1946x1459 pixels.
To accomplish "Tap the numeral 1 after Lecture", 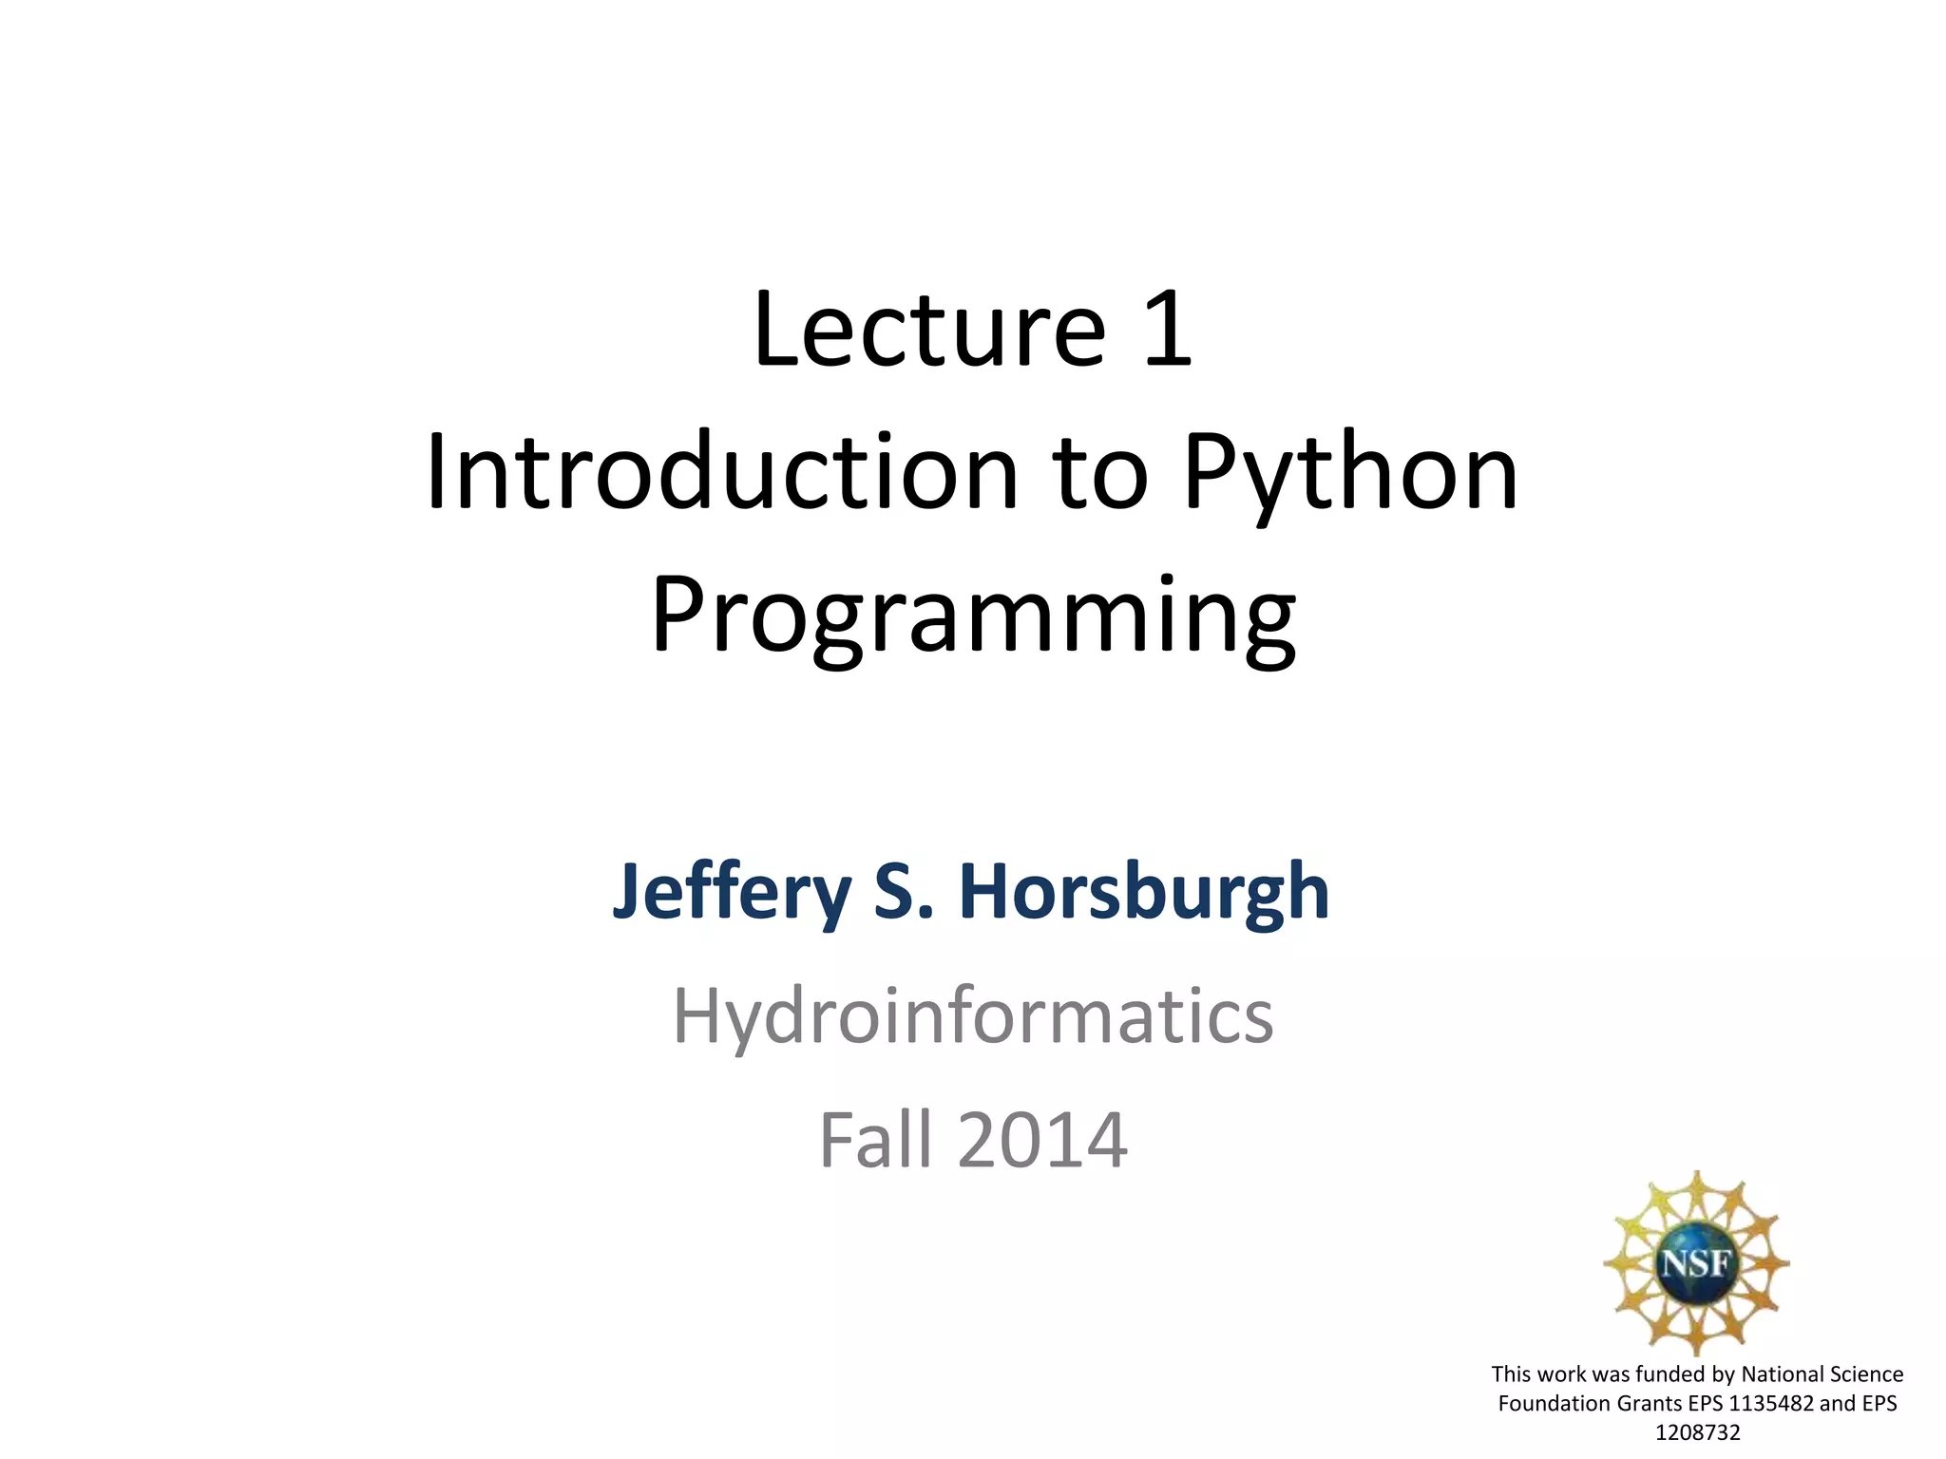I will point(1167,330).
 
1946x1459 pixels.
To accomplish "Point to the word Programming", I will point(973,617).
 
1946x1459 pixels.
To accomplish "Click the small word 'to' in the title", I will point(1100,472).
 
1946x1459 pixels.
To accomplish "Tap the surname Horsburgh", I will point(1144,893).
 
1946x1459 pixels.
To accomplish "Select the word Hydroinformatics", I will point(973,1016).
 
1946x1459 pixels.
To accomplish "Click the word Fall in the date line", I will point(875,1140).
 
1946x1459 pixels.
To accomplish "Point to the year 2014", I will point(1042,1140).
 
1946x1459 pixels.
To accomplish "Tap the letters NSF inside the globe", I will point(1696,1263).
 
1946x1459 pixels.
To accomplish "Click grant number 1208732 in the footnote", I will point(1697,1432).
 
